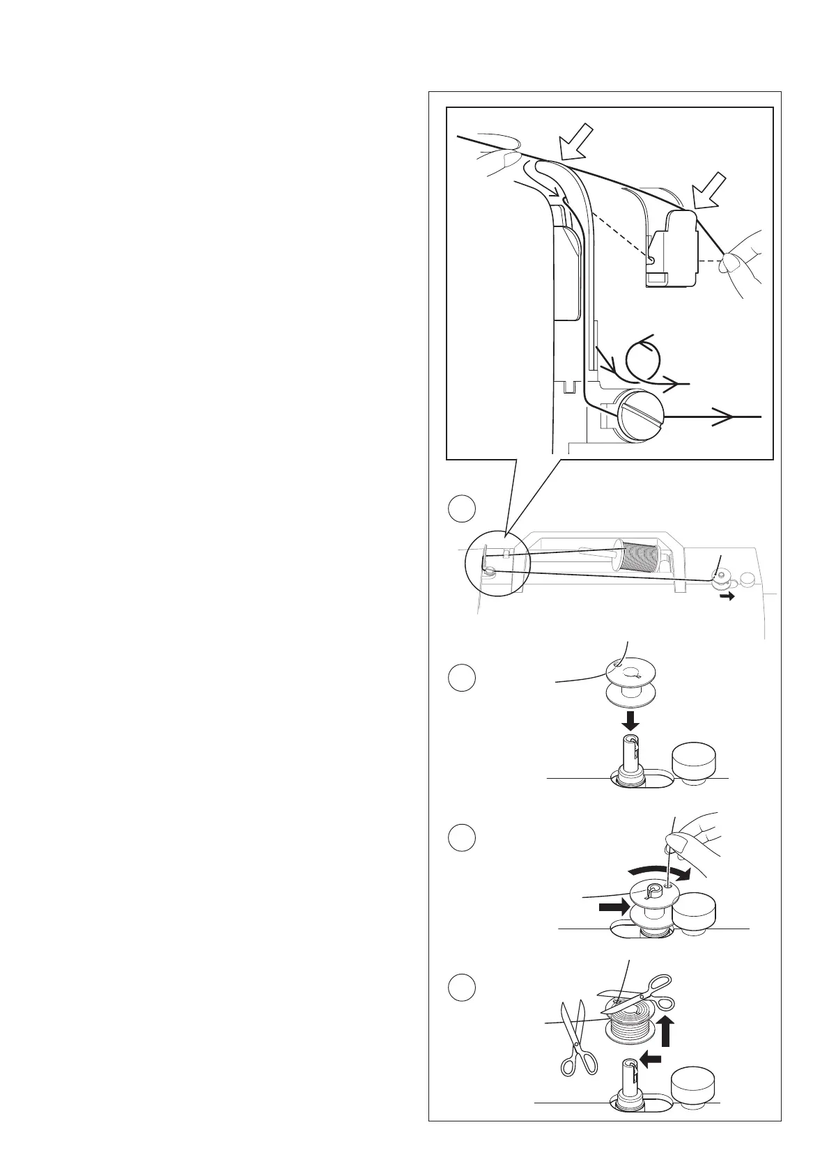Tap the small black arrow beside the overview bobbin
pyautogui.click(x=727, y=597)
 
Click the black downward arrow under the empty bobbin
pyautogui.click(x=631, y=719)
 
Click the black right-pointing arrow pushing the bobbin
pyautogui.click(x=613, y=908)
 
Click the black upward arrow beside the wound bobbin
pyautogui.click(x=667, y=1041)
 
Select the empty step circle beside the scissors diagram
pyautogui.click(x=461, y=988)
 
